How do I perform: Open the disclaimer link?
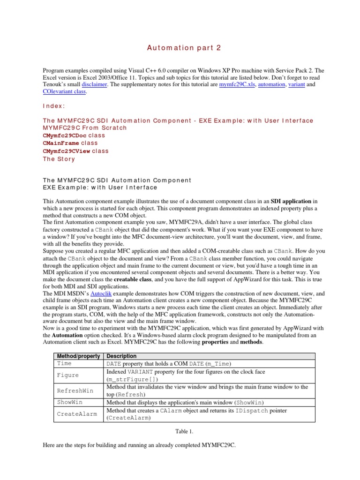[x=95, y=84]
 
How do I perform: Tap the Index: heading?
[x=54, y=107]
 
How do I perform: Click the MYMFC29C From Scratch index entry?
[x=85, y=127]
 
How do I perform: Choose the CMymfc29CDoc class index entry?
[x=74, y=135]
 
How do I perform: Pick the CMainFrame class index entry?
[x=70, y=143]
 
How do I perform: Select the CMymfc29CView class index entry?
[x=75, y=151]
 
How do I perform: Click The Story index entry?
[x=59, y=159]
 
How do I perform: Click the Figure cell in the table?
[x=67, y=375]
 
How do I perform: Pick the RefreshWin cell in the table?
[x=75, y=390]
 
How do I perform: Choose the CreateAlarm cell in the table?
[x=77, y=414]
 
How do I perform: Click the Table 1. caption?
[x=180, y=430]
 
